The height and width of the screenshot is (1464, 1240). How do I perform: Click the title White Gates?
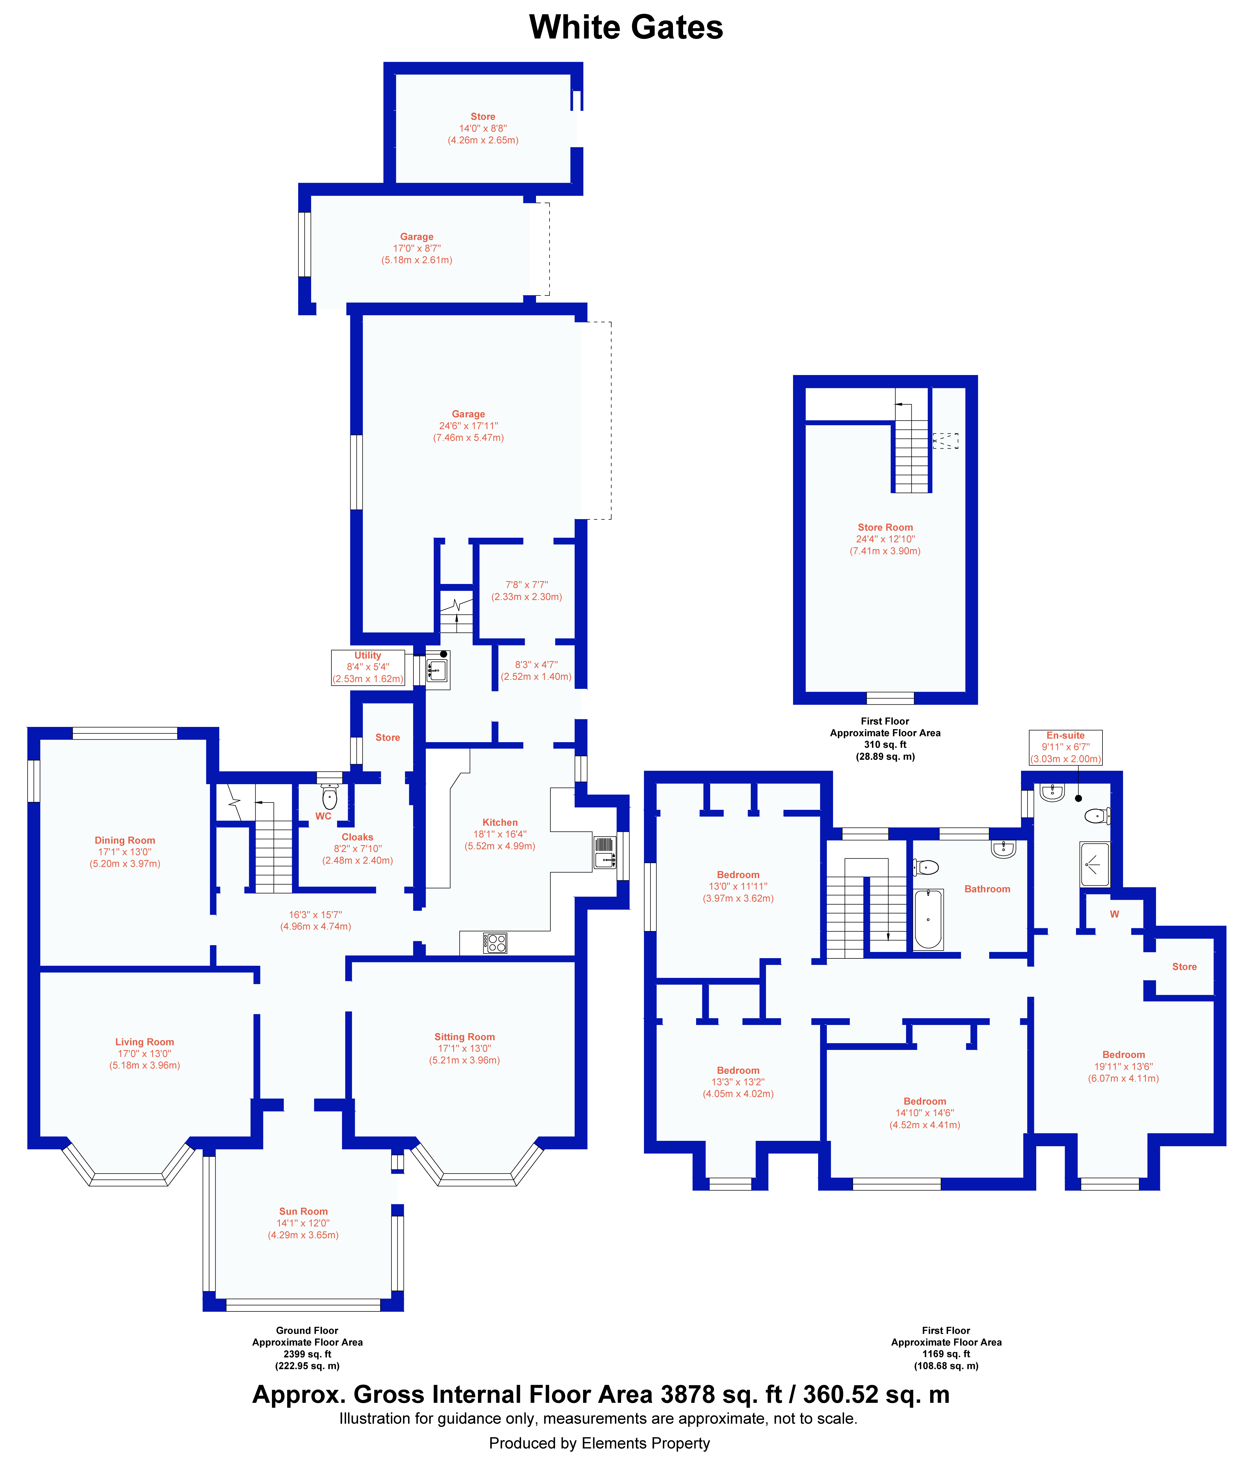626,27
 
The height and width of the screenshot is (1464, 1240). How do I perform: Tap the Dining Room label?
125,840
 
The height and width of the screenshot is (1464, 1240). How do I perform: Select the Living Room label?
145,1042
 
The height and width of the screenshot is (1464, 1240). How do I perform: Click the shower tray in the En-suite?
1095,863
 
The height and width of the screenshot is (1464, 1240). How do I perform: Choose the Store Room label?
885,527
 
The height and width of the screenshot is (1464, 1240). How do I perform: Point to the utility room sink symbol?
437,670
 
